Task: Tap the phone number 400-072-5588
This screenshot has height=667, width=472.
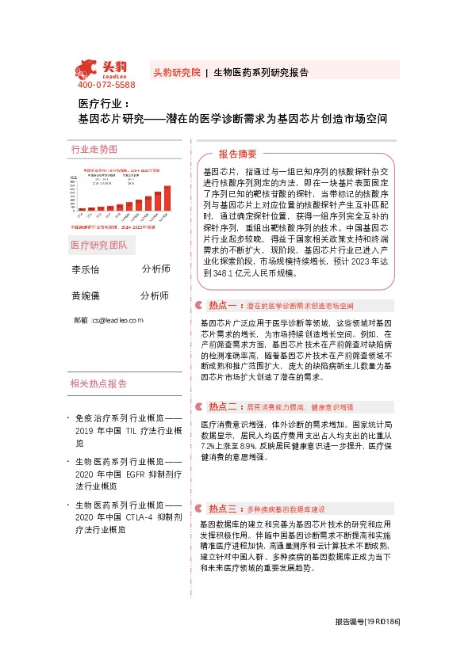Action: pos(106,85)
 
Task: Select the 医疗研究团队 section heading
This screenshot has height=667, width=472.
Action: pos(98,245)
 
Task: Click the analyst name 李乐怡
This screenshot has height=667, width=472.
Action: pos(86,269)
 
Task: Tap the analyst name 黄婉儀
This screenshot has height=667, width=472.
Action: pos(86,296)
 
